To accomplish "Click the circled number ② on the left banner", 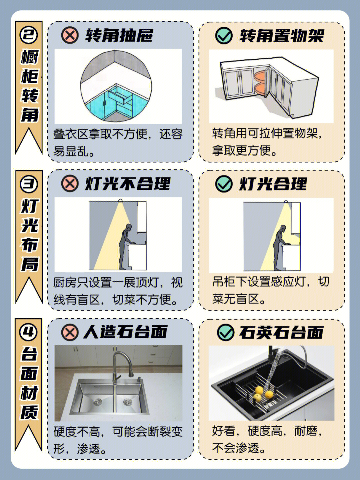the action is (29, 35).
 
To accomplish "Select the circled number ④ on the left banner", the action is (28, 332).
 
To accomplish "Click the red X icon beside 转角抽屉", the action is (70, 35).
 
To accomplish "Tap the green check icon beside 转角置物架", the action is (224, 35).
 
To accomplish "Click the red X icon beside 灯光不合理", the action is (70, 183).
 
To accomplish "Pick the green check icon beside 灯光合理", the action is (224, 184).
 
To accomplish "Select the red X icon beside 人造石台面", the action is (70, 332).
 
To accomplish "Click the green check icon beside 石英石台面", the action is (225, 332).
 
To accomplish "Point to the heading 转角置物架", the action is (281, 36).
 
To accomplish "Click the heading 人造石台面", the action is (125, 332).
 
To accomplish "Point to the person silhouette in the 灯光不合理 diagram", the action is (126, 247).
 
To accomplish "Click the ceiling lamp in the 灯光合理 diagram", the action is (286, 201).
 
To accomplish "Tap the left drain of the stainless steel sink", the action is (97, 402).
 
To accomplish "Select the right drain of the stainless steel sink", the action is (127, 402).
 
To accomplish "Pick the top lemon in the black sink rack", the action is (259, 390).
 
